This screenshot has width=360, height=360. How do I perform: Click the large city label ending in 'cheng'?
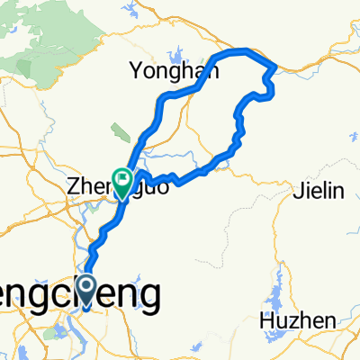(81, 293)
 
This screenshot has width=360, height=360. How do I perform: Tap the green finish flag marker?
(121, 177)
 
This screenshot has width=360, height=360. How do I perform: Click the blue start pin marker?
(86, 290)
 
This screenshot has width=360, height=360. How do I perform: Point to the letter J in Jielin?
(298, 189)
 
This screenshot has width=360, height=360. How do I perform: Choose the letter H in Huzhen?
(262, 319)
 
